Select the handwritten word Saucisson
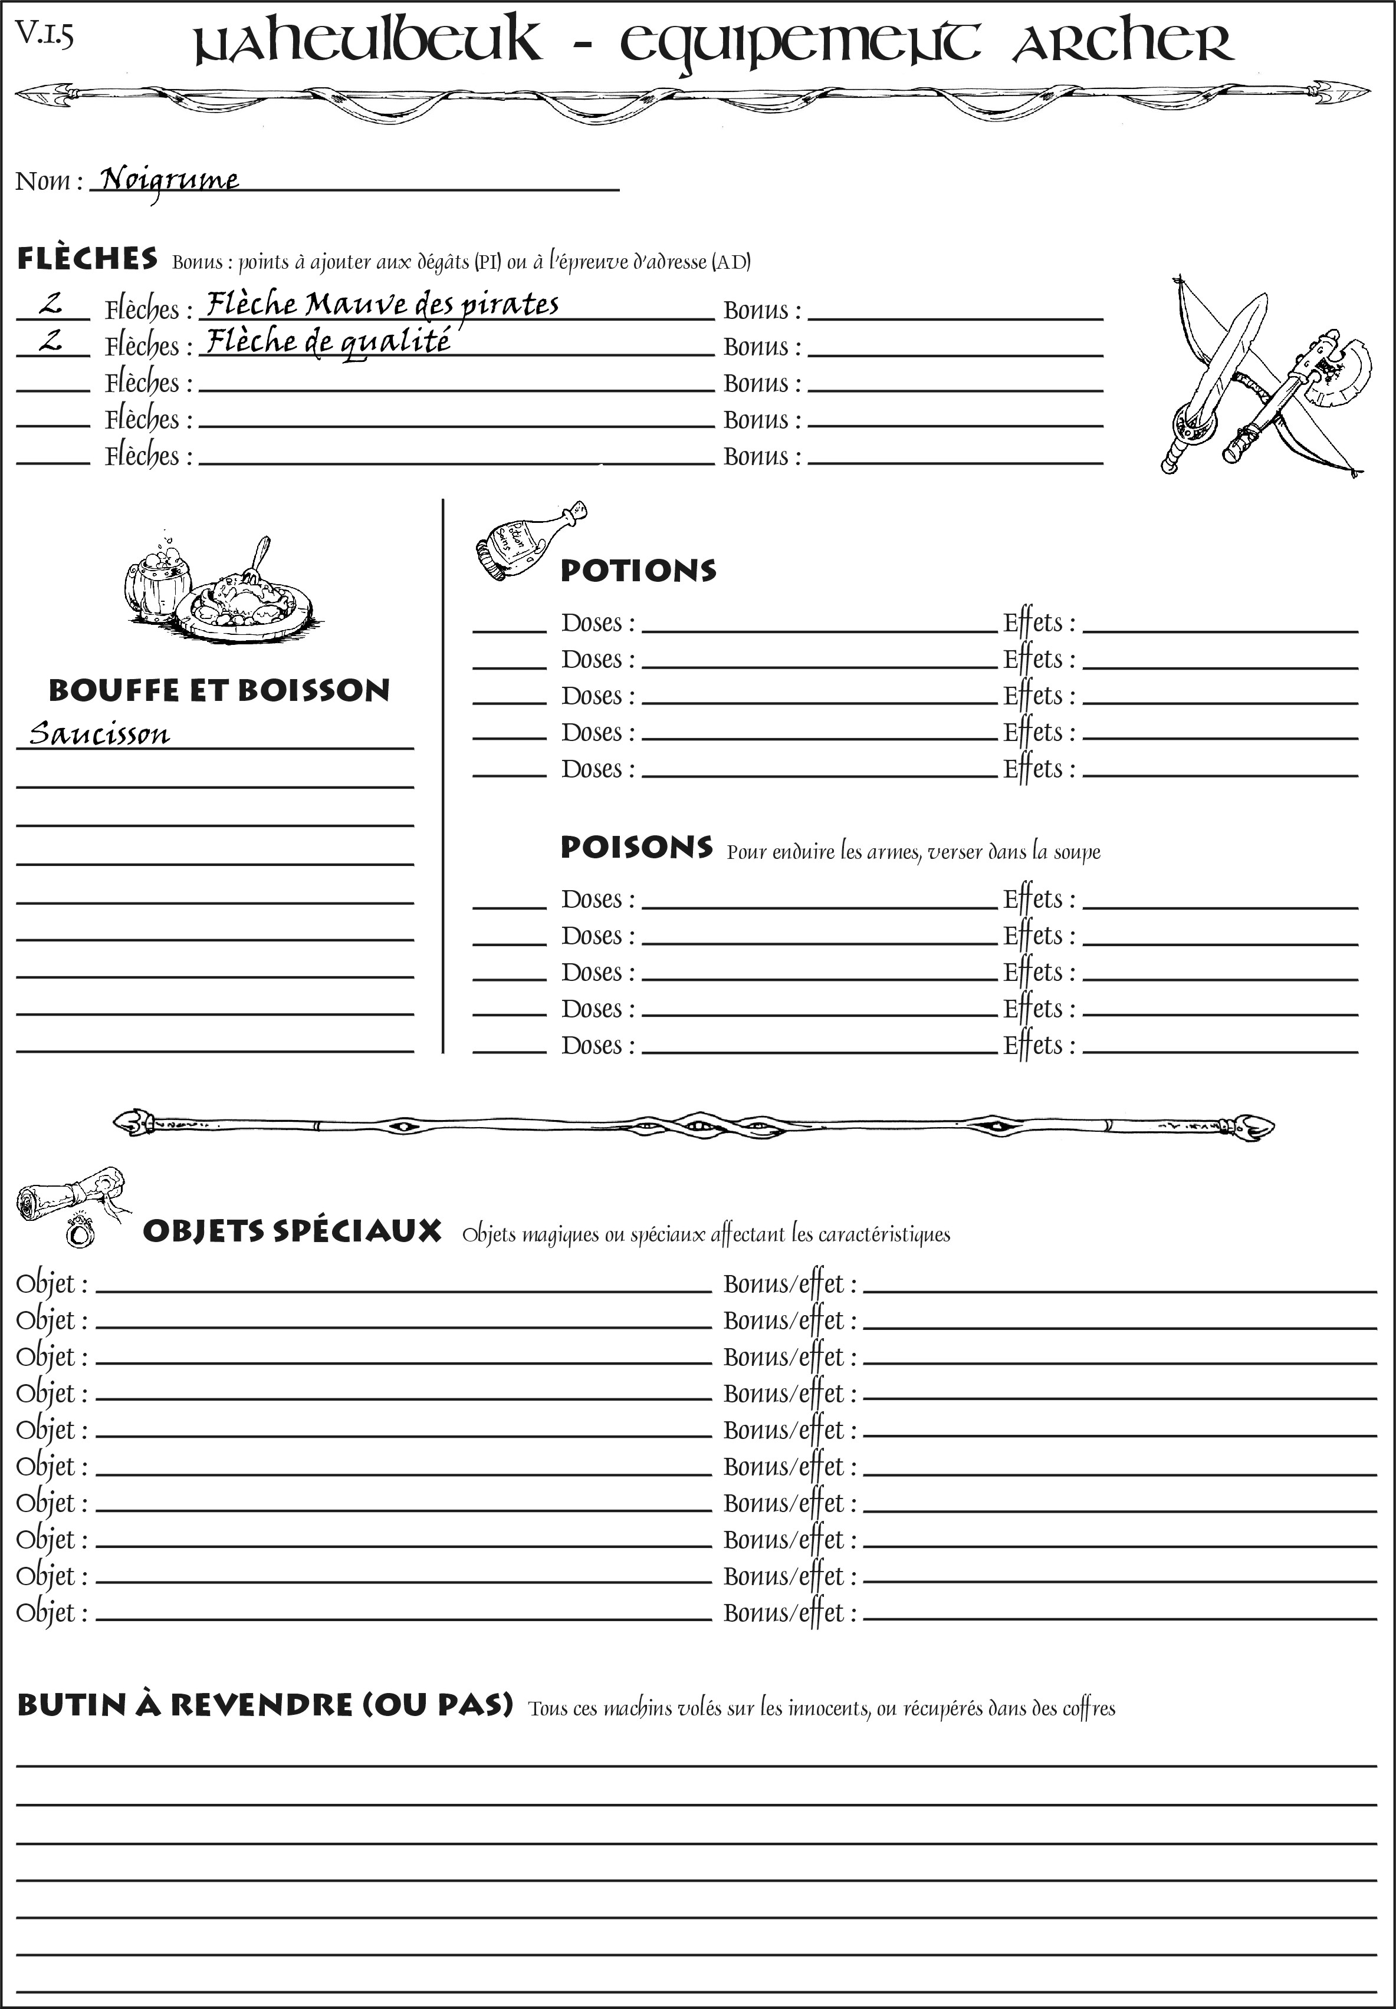point(99,733)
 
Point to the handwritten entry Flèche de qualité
point(328,341)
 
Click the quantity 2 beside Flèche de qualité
point(51,340)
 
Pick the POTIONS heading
point(638,571)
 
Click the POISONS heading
point(636,847)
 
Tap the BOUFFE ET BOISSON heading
point(219,690)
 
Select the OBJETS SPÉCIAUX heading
point(291,1231)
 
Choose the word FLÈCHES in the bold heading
point(87,259)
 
